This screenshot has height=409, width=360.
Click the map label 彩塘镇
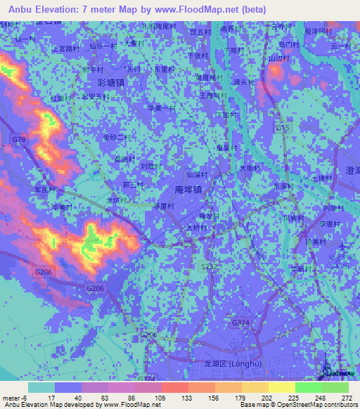pyautogui.click(x=111, y=82)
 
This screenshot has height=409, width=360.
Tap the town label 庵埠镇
pyautogui.click(x=187, y=190)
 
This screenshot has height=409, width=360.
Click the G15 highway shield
pyautogui.click(x=283, y=129)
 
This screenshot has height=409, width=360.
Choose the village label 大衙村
pyautogui.click(x=250, y=168)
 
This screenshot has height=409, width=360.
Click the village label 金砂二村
pyautogui.click(x=117, y=137)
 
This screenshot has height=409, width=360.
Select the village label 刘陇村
pyautogui.click(x=150, y=167)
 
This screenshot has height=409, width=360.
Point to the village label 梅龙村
pyautogui.click(x=210, y=216)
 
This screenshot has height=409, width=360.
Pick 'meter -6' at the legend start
pyautogui.click(x=14, y=397)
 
